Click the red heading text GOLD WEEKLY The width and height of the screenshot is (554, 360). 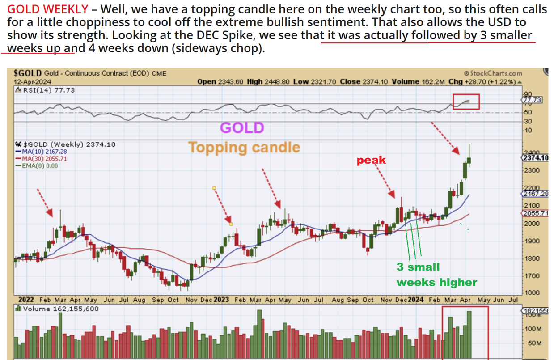click(x=48, y=9)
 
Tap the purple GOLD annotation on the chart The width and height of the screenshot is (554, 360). click(x=242, y=128)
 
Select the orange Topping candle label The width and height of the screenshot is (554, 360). click(x=244, y=147)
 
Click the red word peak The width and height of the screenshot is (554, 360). click(x=371, y=160)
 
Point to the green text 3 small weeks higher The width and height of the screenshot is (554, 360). click(x=436, y=275)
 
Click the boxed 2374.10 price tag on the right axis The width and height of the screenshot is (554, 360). click(x=532, y=157)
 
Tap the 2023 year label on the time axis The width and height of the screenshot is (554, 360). click(x=221, y=300)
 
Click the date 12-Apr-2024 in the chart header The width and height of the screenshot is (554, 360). click(x=32, y=82)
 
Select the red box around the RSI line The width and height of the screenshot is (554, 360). click(x=466, y=102)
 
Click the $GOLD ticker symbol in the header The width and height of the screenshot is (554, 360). click(x=28, y=73)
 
